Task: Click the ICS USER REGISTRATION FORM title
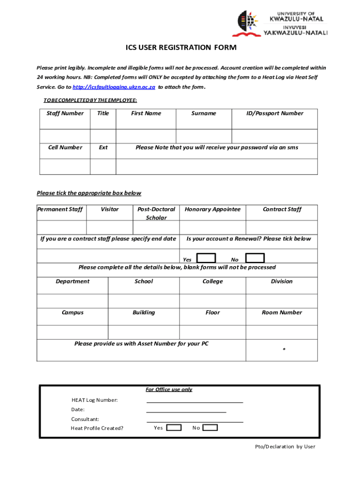coord(180,48)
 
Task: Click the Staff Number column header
coord(65,113)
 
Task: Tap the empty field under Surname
coord(204,136)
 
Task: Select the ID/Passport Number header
coord(275,113)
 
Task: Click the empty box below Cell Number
coord(65,167)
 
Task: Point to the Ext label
coord(103,147)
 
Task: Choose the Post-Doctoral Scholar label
coord(156,213)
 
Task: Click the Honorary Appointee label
coord(213,209)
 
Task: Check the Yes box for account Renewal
coord(206,258)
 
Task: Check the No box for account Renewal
coord(255,258)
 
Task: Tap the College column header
coord(213,281)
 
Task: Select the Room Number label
coord(281,312)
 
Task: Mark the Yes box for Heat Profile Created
coord(174,428)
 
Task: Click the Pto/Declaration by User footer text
coord(285,446)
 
